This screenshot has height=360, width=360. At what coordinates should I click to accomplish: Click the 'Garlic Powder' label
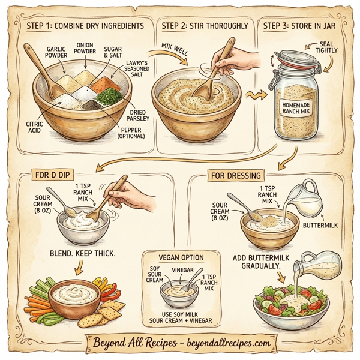point(56,52)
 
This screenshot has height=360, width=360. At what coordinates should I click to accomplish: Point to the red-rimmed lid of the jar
point(294,58)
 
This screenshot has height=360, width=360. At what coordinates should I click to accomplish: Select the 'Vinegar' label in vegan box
point(181,269)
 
